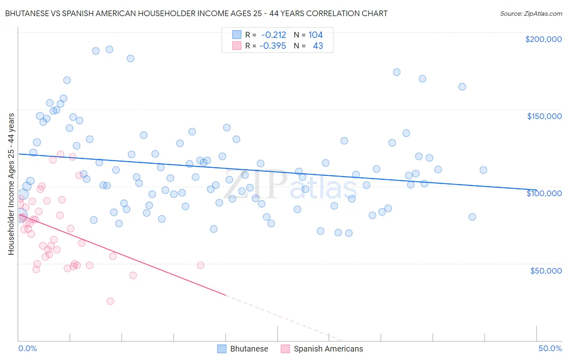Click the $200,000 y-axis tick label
543,39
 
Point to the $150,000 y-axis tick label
544,116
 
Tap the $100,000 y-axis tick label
544,193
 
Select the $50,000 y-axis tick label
546,270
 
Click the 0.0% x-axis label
27,348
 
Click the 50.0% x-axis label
550,348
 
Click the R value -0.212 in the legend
273,35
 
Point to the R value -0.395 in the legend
273,46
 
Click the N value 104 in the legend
315,35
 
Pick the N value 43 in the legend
318,46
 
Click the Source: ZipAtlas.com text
531,14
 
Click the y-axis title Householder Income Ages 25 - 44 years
11,184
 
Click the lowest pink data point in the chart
110,301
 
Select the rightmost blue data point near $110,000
483,170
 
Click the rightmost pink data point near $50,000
200,265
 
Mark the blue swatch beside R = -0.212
237,35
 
